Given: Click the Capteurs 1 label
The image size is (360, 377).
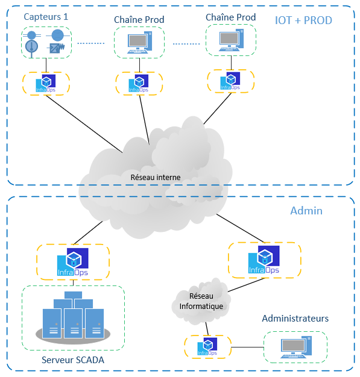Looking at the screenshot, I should tap(46, 17).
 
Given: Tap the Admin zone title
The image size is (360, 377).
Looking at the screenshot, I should tap(306, 211).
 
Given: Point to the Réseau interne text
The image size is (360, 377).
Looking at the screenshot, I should tap(156, 177).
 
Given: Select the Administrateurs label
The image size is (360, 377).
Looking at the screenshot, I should tap(295, 318).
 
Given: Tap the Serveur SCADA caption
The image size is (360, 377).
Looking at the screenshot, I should tap(73, 360).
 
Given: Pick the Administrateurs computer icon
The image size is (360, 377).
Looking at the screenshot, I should tap(295, 347).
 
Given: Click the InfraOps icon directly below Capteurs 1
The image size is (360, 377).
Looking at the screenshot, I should tap(46, 83).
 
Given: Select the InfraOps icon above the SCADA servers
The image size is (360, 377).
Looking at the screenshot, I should tap(73, 261).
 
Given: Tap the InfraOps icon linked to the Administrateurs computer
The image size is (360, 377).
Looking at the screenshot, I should tap(207, 347).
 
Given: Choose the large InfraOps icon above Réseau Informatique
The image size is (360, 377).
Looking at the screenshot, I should tap(264, 260).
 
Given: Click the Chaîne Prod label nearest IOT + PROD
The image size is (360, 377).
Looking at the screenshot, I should tap(230, 17).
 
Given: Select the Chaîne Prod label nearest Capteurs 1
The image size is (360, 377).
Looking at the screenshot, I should tap(139, 20).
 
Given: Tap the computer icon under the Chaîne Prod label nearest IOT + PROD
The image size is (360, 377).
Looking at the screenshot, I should tap(230, 40).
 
